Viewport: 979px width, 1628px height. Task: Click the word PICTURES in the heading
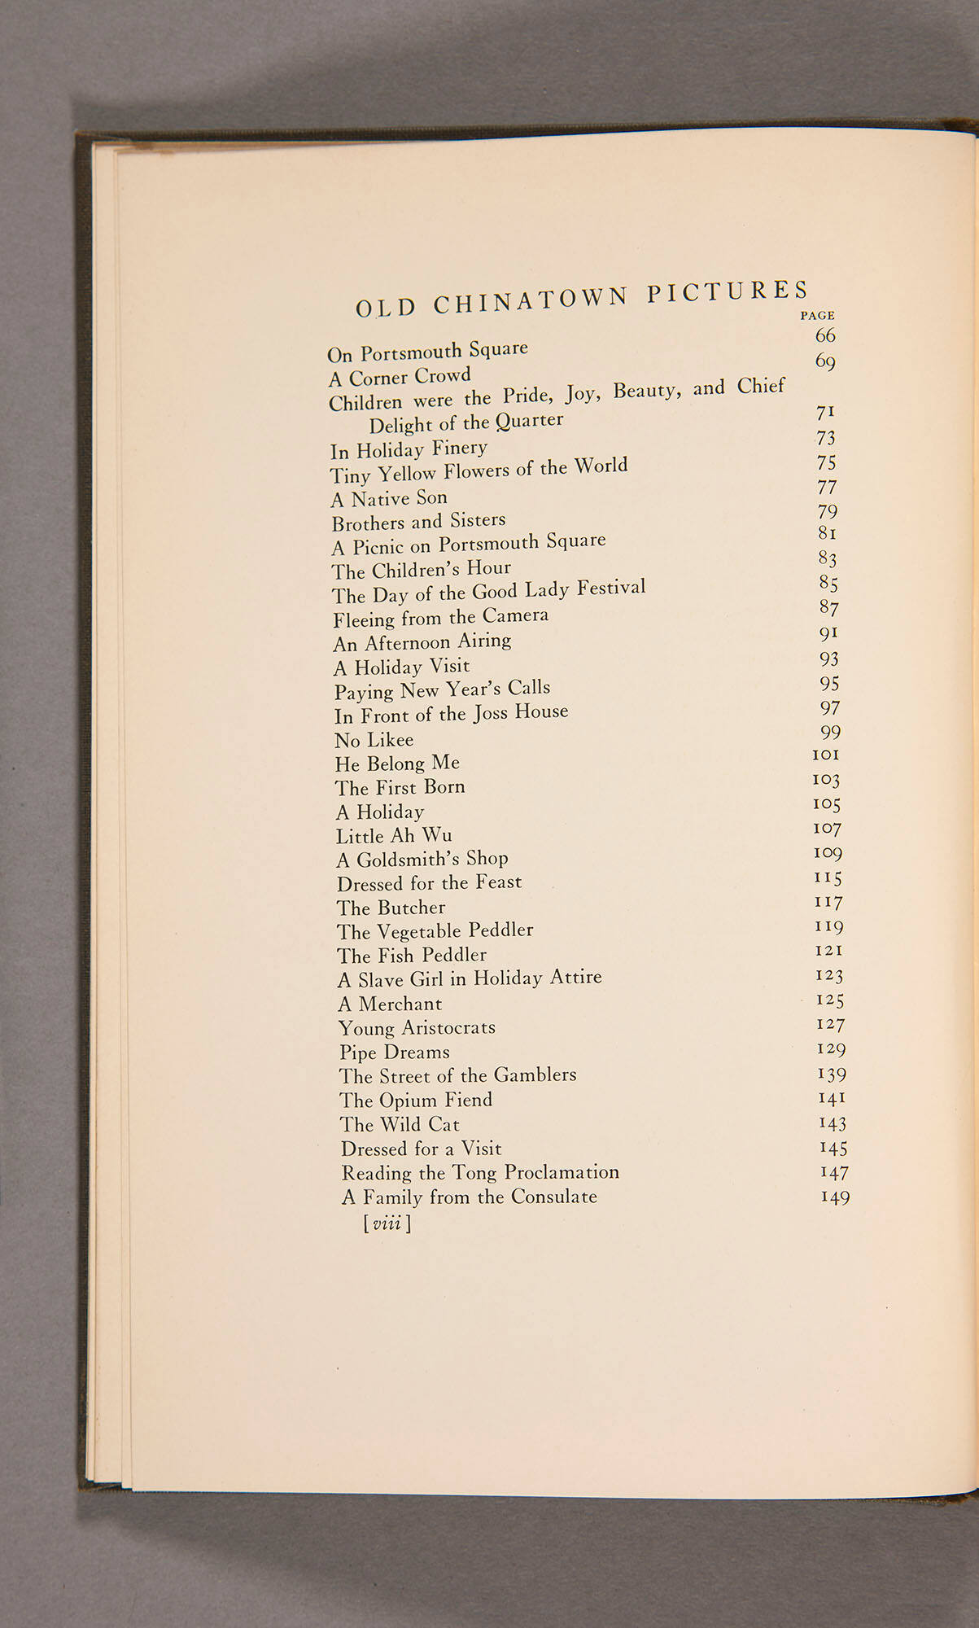point(728,292)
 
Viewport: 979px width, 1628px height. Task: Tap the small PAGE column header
point(817,315)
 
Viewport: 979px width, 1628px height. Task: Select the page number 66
point(825,335)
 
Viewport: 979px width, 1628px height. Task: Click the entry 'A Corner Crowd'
point(400,378)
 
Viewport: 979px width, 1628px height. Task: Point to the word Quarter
point(530,421)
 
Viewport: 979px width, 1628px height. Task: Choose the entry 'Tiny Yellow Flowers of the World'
point(479,470)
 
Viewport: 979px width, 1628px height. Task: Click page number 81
point(828,533)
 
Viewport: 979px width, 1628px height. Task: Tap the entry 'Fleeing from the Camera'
point(440,618)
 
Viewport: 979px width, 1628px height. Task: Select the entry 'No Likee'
point(374,740)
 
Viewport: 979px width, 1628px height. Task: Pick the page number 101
point(826,755)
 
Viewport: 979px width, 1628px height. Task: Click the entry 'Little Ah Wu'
point(394,836)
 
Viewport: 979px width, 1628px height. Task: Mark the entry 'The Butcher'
point(391,908)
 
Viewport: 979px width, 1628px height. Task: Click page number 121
point(829,951)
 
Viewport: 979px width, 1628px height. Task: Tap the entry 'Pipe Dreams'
point(394,1052)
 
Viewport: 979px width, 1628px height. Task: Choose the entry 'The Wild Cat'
point(400,1125)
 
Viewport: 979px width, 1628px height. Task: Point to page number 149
point(835,1197)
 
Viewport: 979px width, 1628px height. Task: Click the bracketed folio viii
point(387,1223)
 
